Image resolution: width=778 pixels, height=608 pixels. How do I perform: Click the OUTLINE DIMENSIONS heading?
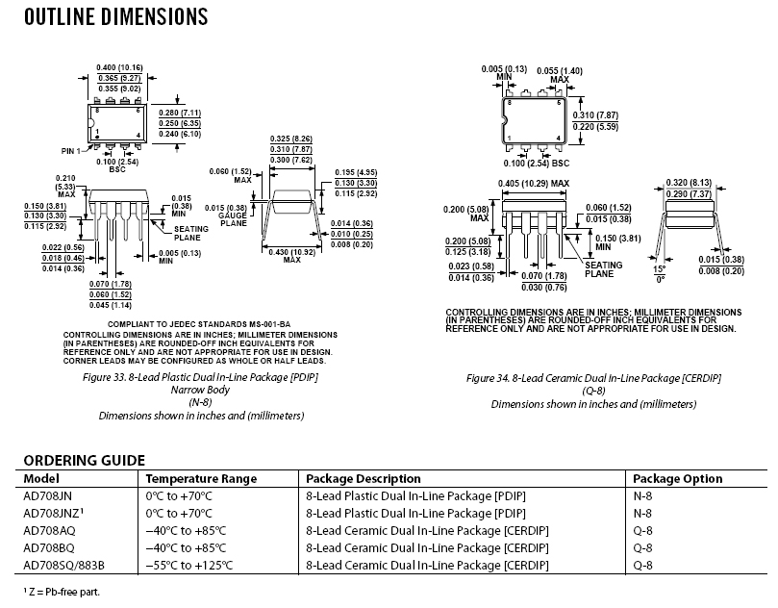tap(114, 17)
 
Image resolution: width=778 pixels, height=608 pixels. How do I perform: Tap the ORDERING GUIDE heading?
tap(84, 460)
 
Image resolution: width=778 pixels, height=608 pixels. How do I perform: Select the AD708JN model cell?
tap(47, 495)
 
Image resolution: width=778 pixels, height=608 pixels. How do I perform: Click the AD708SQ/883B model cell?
tap(63, 565)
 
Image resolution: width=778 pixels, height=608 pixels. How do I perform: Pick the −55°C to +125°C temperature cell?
tap(190, 565)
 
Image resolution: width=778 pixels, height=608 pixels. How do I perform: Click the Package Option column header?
tap(677, 478)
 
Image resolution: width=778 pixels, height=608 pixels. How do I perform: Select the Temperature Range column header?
tap(201, 478)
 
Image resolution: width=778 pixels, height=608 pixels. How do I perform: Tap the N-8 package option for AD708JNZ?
tap(642, 513)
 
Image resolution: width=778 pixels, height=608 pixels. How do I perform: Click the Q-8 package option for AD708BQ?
tap(642, 547)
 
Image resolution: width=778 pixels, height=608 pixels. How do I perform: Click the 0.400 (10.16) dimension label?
tap(120, 66)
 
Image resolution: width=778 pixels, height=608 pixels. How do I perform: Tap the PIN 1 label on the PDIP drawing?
tap(72, 150)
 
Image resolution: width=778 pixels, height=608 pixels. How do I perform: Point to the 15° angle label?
tap(660, 268)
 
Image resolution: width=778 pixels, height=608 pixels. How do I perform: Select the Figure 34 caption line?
tap(593, 379)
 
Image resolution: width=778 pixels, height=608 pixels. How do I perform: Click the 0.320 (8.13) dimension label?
tap(687, 183)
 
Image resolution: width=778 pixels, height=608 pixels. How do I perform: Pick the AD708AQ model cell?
tap(47, 530)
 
